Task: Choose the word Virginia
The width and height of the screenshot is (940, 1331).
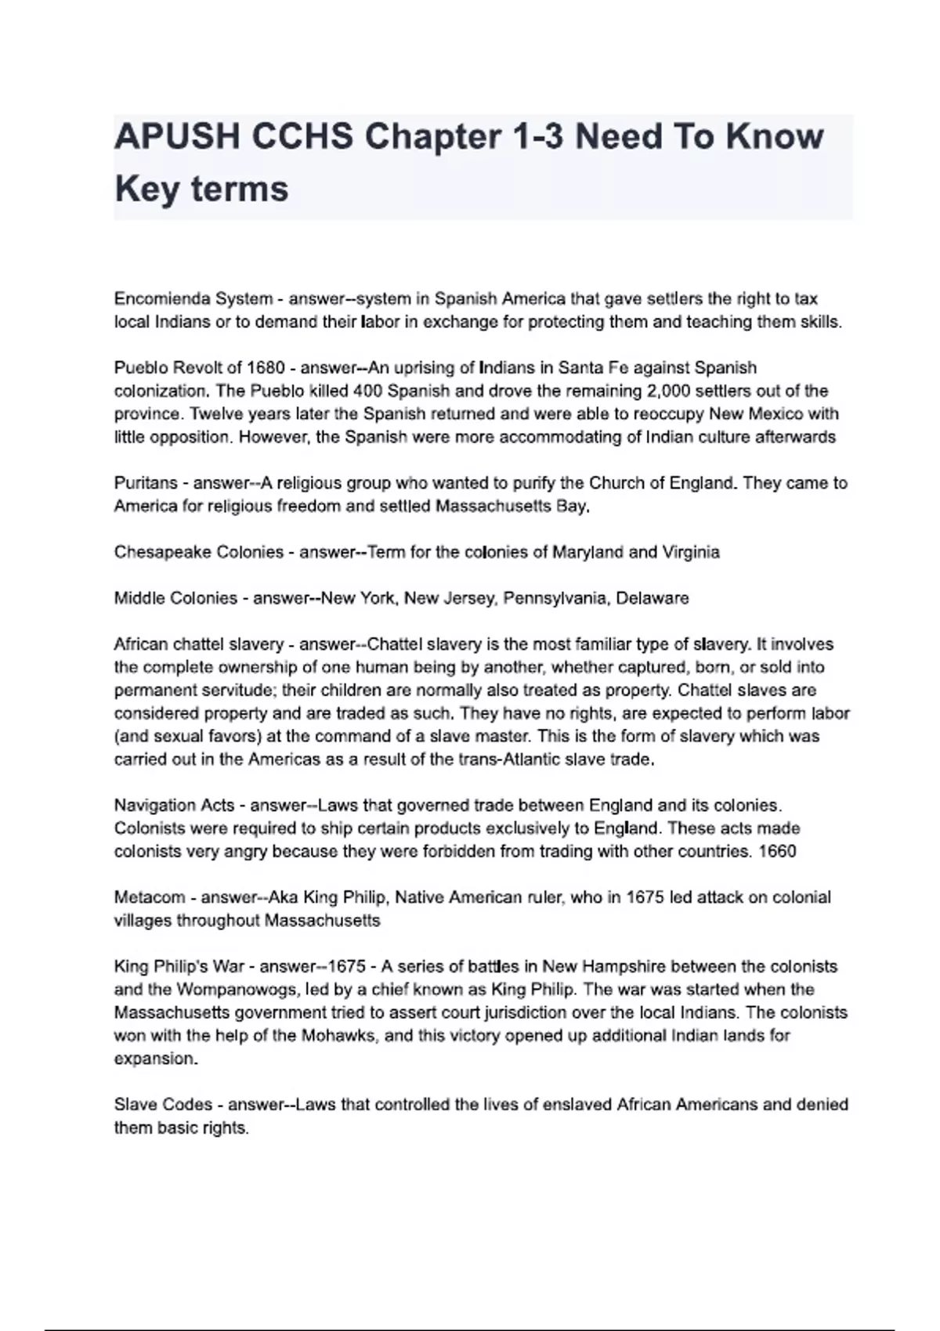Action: point(690,552)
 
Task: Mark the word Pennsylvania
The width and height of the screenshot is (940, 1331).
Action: point(555,598)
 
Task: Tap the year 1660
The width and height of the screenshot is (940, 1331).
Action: point(777,851)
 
